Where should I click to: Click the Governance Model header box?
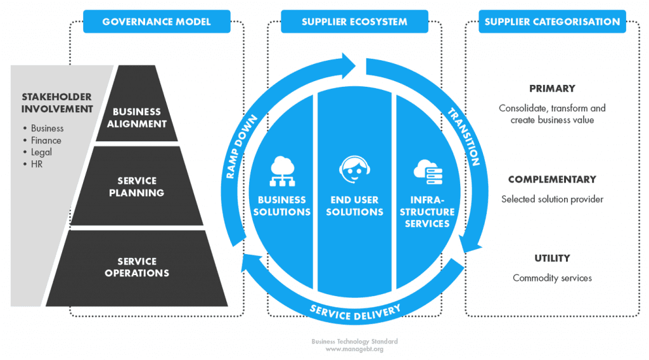coord(156,22)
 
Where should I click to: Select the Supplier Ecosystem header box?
coord(354,22)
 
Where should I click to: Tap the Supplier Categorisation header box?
coord(552,22)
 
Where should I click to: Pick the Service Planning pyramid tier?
coord(136,187)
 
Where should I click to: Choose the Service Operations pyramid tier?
coord(137,267)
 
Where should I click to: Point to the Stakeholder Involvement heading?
coord(57,103)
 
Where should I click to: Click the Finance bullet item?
coord(46,140)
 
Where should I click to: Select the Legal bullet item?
coord(41,152)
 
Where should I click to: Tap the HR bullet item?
coord(37,164)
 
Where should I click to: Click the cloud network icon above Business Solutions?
coord(281,172)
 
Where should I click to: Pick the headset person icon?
coord(354,170)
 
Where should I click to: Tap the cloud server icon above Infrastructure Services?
coord(427,170)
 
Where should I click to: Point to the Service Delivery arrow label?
coord(355,311)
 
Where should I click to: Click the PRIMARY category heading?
coord(552,89)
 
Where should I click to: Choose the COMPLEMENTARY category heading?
coord(552,180)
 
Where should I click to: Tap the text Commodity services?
coord(552,278)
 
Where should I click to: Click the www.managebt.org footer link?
coord(354,349)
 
